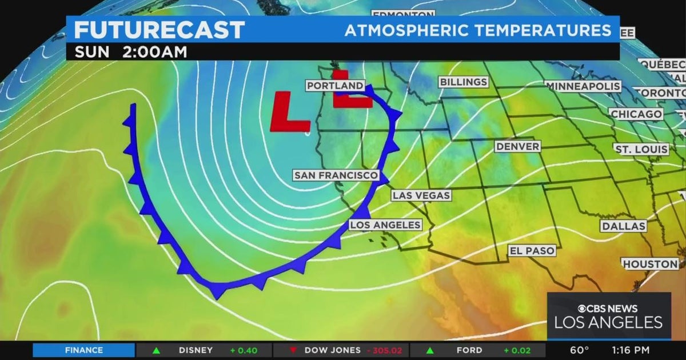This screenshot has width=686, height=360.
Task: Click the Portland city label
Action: pyautogui.click(x=335, y=86)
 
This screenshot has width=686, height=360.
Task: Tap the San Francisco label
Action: pyautogui.click(x=336, y=175)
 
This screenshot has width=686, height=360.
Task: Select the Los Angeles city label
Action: pyautogui.click(x=385, y=225)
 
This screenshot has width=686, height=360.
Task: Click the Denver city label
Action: pyautogui.click(x=517, y=147)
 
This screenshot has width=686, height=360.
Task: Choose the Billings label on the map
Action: pyautogui.click(x=463, y=82)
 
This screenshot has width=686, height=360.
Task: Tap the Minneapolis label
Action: pyautogui.click(x=583, y=86)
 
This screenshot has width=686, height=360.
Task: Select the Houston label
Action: pyautogui.click(x=650, y=264)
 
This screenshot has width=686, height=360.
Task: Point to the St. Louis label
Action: pyautogui.click(x=641, y=149)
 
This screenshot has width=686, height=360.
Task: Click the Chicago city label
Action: pyautogui.click(x=636, y=114)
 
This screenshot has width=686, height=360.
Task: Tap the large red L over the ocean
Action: pyautogui.click(x=289, y=111)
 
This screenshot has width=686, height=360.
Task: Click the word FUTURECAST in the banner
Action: pyautogui.click(x=159, y=30)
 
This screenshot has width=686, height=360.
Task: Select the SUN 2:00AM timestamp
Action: pyautogui.click(x=130, y=51)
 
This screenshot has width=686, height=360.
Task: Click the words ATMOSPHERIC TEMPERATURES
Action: pyautogui.click(x=477, y=30)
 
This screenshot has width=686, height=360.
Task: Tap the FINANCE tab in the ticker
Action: pyautogui.click(x=83, y=350)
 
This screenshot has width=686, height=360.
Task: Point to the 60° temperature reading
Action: pyautogui.click(x=579, y=350)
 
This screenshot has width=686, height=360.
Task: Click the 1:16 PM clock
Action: pyautogui.click(x=631, y=350)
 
